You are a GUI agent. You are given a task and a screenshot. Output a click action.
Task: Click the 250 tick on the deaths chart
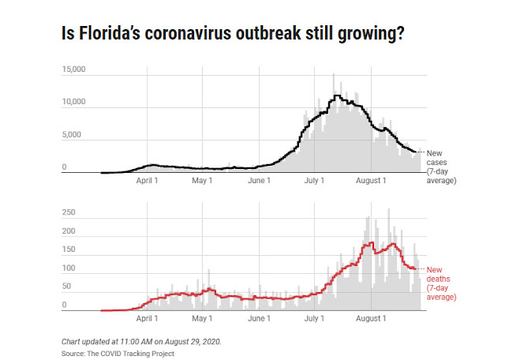[x=69, y=212]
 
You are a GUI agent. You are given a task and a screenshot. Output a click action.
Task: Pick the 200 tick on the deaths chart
[x=69, y=231]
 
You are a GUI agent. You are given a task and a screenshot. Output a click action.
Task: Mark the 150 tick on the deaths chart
[x=69, y=249]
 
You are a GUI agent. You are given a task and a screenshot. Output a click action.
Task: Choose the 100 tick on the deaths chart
[x=69, y=268]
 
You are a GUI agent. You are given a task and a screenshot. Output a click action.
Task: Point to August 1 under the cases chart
[x=372, y=181]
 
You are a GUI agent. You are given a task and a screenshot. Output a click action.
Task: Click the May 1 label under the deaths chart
[x=203, y=319]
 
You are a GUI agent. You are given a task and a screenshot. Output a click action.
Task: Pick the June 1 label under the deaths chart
[x=259, y=319]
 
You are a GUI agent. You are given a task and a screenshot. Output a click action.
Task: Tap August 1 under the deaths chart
[x=372, y=319]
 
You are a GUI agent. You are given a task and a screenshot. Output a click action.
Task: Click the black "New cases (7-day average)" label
[x=440, y=166]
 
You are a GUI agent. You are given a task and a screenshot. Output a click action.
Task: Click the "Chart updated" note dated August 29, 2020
[x=142, y=341]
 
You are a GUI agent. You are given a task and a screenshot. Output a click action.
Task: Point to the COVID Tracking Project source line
[x=118, y=353]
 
